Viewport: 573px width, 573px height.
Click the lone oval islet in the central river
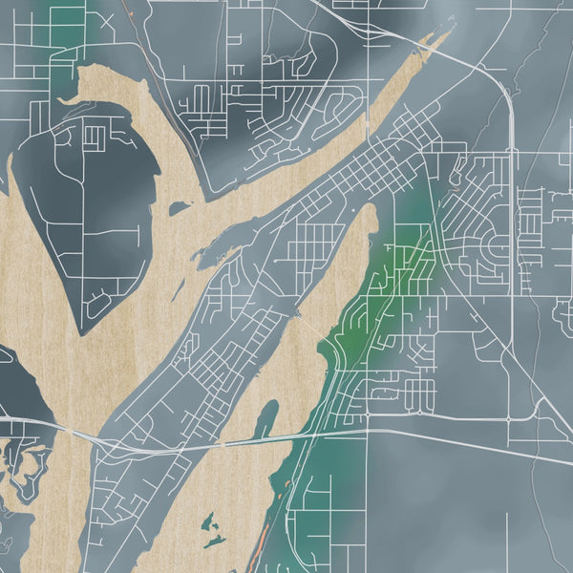(x=179, y=207)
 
